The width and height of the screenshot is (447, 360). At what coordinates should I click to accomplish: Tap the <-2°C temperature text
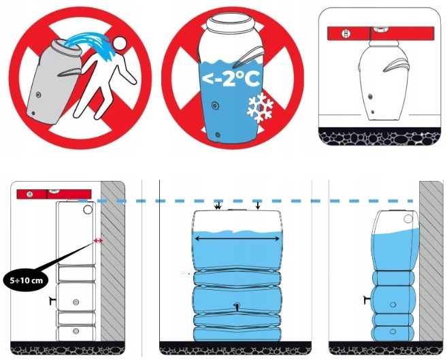pos(231,79)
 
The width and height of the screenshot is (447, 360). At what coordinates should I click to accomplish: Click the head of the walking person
pos(120,44)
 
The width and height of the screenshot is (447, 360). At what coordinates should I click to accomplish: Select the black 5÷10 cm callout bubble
pos(27,280)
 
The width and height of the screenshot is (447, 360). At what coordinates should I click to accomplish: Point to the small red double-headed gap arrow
pos(98,241)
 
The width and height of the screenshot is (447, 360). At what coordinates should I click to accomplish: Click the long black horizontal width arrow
pos(237,238)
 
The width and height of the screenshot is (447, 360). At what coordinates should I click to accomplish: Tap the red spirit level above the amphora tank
pos(380,33)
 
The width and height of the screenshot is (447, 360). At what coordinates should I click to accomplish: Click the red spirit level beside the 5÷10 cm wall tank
pos(54,194)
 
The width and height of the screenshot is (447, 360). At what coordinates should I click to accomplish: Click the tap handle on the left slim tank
pos(52,300)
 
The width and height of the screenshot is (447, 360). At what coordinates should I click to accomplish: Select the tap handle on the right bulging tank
pos(367,299)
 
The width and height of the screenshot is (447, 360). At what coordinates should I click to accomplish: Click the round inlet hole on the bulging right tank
pos(408,219)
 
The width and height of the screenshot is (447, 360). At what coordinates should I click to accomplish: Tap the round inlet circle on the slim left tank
pos(88,210)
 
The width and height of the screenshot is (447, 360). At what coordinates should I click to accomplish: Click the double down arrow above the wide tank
pos(218,206)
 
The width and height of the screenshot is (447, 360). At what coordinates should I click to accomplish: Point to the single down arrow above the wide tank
pos(258,206)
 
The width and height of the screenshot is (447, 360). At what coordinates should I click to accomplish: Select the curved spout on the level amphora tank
pos(397,65)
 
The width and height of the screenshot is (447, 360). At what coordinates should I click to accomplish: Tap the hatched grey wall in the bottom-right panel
pos(431,261)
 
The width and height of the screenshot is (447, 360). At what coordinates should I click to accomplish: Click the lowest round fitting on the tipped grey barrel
pos(33,113)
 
